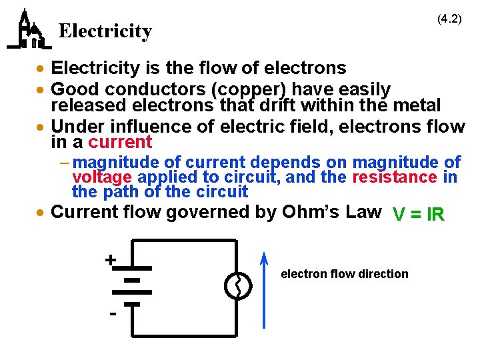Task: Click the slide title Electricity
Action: tap(105, 31)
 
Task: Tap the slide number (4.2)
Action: tap(449, 19)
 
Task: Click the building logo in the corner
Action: tap(28, 29)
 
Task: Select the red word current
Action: tap(120, 142)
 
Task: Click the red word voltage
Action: tap(102, 177)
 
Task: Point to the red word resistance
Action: tap(394, 177)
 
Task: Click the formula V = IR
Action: tap(419, 215)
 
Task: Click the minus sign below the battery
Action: tap(113, 313)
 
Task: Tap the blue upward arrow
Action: tap(264, 290)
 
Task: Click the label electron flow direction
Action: tap(344, 274)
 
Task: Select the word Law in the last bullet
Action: tap(364, 213)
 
